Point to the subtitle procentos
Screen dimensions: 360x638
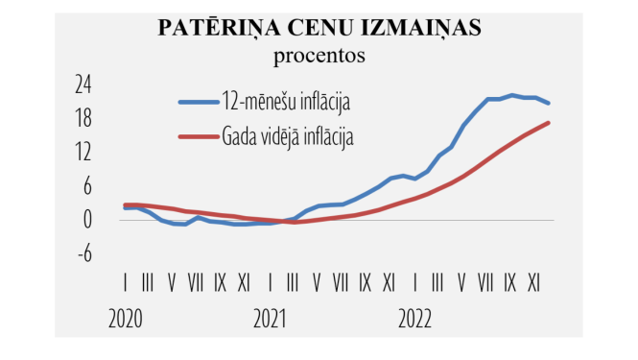[319, 55]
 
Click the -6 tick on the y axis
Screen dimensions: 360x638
[83, 253]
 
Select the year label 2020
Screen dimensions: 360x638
[127, 317]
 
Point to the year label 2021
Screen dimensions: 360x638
[271, 317]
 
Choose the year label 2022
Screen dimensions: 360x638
[415, 317]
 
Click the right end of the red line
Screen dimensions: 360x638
[548, 122]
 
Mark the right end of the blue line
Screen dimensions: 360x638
[548, 103]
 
